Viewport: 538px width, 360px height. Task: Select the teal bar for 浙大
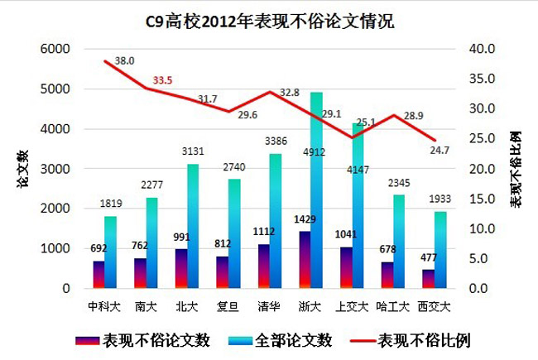coord(316,190)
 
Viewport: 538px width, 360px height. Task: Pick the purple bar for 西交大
coord(428,279)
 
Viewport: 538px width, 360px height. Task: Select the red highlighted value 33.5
coord(161,81)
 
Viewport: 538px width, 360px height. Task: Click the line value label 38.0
coord(125,61)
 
